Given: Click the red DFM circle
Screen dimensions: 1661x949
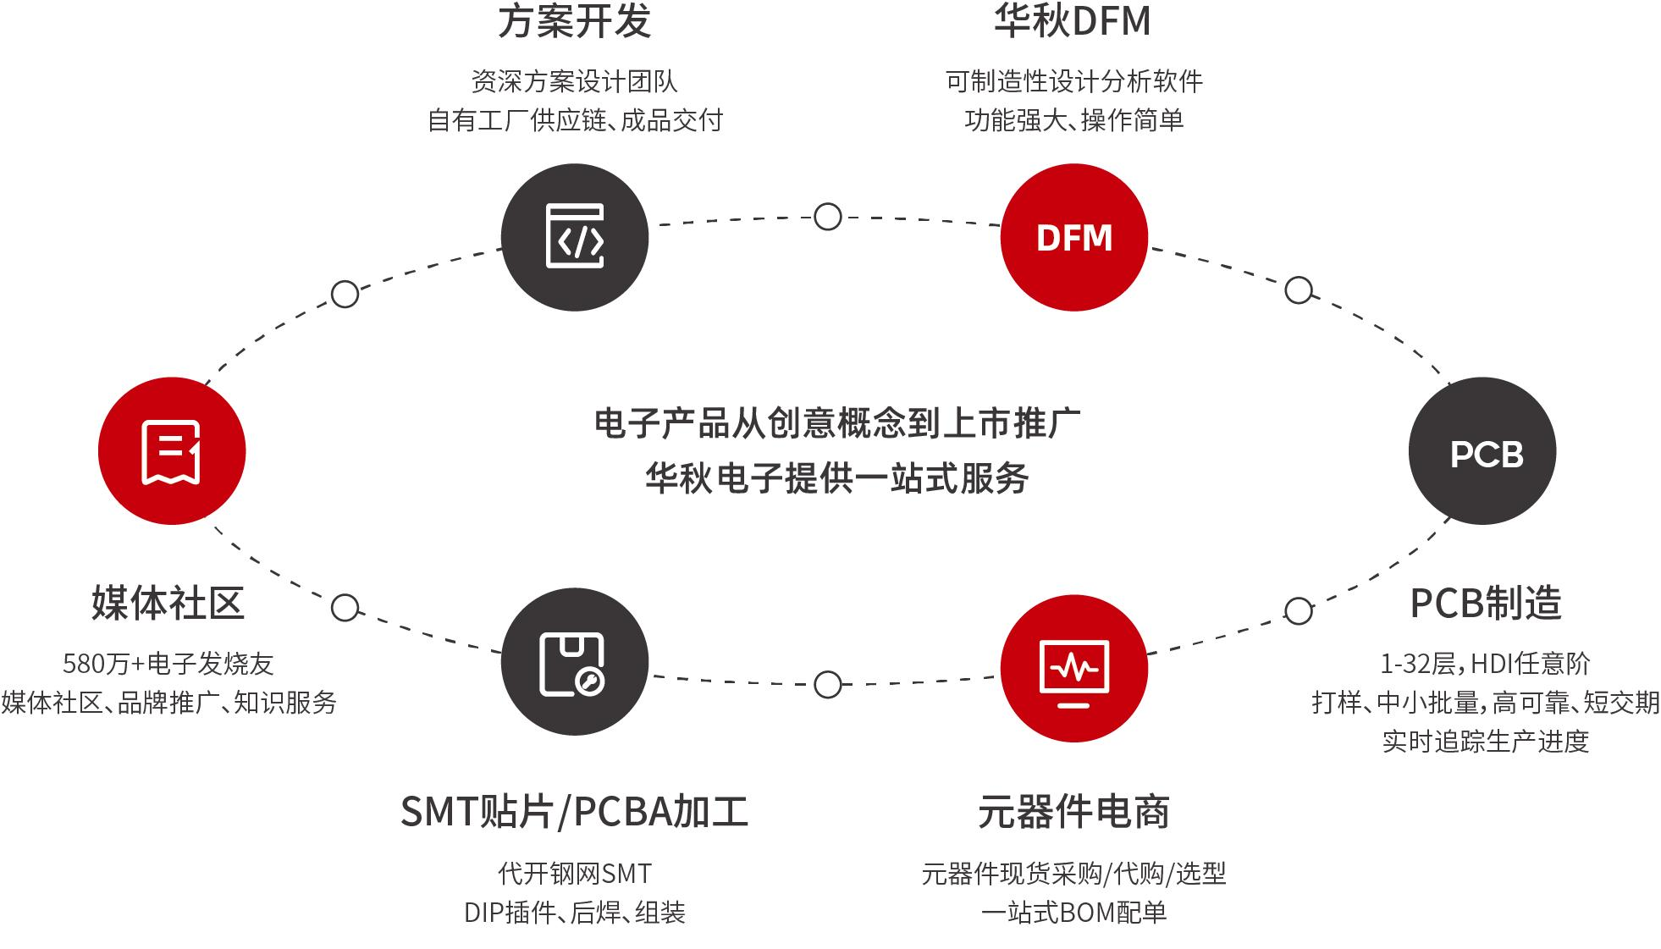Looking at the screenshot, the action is point(1073,237).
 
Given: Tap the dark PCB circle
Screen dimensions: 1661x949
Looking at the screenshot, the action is point(1482,450).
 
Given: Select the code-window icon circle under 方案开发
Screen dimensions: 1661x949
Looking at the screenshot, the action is point(575,237).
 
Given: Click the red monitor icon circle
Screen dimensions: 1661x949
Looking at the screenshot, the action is point(1073,668).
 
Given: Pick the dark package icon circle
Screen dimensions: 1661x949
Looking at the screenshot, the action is point(575,662).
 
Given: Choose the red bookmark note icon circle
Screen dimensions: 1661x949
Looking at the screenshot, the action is point(172,450).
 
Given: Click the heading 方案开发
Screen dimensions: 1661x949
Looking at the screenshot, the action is point(575,21).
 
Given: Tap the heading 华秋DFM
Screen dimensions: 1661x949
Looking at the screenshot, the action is point(1073,21).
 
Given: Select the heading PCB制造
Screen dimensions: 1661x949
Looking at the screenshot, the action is point(1486,604).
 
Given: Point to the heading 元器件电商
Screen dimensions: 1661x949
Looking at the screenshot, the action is point(1073,812).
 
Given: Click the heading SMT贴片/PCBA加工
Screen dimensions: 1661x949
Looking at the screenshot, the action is point(574,812).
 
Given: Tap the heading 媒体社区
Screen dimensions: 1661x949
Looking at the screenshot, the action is point(168,604).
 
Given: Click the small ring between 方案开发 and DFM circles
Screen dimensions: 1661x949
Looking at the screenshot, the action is point(827,217).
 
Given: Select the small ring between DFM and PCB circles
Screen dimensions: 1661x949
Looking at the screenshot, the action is point(1299,290).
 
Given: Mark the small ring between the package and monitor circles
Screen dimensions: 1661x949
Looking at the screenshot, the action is point(827,685).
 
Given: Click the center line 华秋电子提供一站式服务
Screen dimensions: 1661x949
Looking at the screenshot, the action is point(836,478).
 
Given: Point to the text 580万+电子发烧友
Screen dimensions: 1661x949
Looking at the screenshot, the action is point(168,664).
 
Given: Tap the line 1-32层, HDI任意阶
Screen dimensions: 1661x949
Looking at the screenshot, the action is point(1485,664).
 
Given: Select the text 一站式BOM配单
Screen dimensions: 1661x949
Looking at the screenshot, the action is point(1073,913).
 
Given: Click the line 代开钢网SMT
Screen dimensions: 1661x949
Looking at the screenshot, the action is point(575,874).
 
